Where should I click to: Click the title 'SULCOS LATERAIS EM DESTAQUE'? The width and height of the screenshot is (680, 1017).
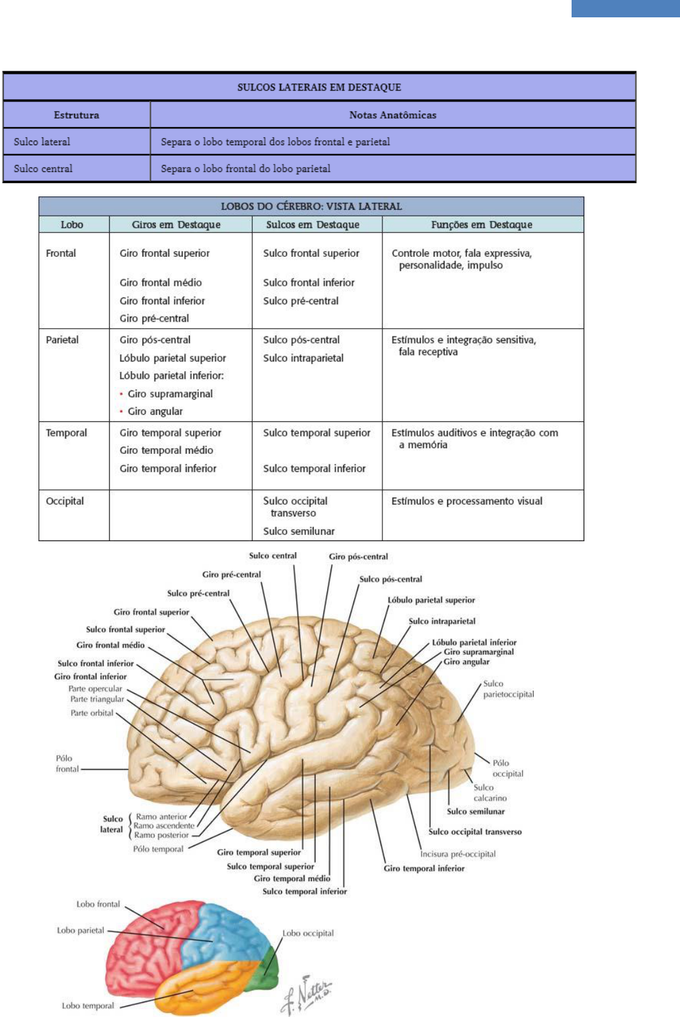(319, 87)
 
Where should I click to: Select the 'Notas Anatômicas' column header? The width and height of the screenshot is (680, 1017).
(393, 115)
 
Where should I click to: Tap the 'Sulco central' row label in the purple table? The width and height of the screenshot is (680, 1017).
(43, 168)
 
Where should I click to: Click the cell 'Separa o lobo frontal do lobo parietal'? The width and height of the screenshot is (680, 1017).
(246, 168)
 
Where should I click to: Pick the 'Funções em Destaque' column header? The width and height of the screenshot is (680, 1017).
(481, 224)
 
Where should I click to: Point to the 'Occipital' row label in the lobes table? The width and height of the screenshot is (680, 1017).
(65, 501)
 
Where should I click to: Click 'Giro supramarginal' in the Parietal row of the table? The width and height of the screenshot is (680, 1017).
(170, 394)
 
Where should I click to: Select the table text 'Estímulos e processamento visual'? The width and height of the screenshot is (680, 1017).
(467, 501)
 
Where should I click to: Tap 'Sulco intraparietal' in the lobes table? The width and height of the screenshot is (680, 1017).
(303, 358)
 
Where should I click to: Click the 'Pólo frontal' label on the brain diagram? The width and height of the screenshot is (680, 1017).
(67, 763)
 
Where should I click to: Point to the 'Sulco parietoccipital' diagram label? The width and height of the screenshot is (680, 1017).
(508, 689)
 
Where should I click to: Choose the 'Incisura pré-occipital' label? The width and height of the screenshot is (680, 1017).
(458, 854)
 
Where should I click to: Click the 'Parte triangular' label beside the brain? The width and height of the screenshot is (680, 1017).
(97, 699)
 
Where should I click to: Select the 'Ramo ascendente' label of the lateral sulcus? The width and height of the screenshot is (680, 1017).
(164, 826)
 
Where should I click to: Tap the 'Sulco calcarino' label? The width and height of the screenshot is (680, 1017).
(490, 793)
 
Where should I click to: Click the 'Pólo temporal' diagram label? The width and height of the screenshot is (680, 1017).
(158, 849)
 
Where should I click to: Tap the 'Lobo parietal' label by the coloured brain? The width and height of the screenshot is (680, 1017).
(80, 930)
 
